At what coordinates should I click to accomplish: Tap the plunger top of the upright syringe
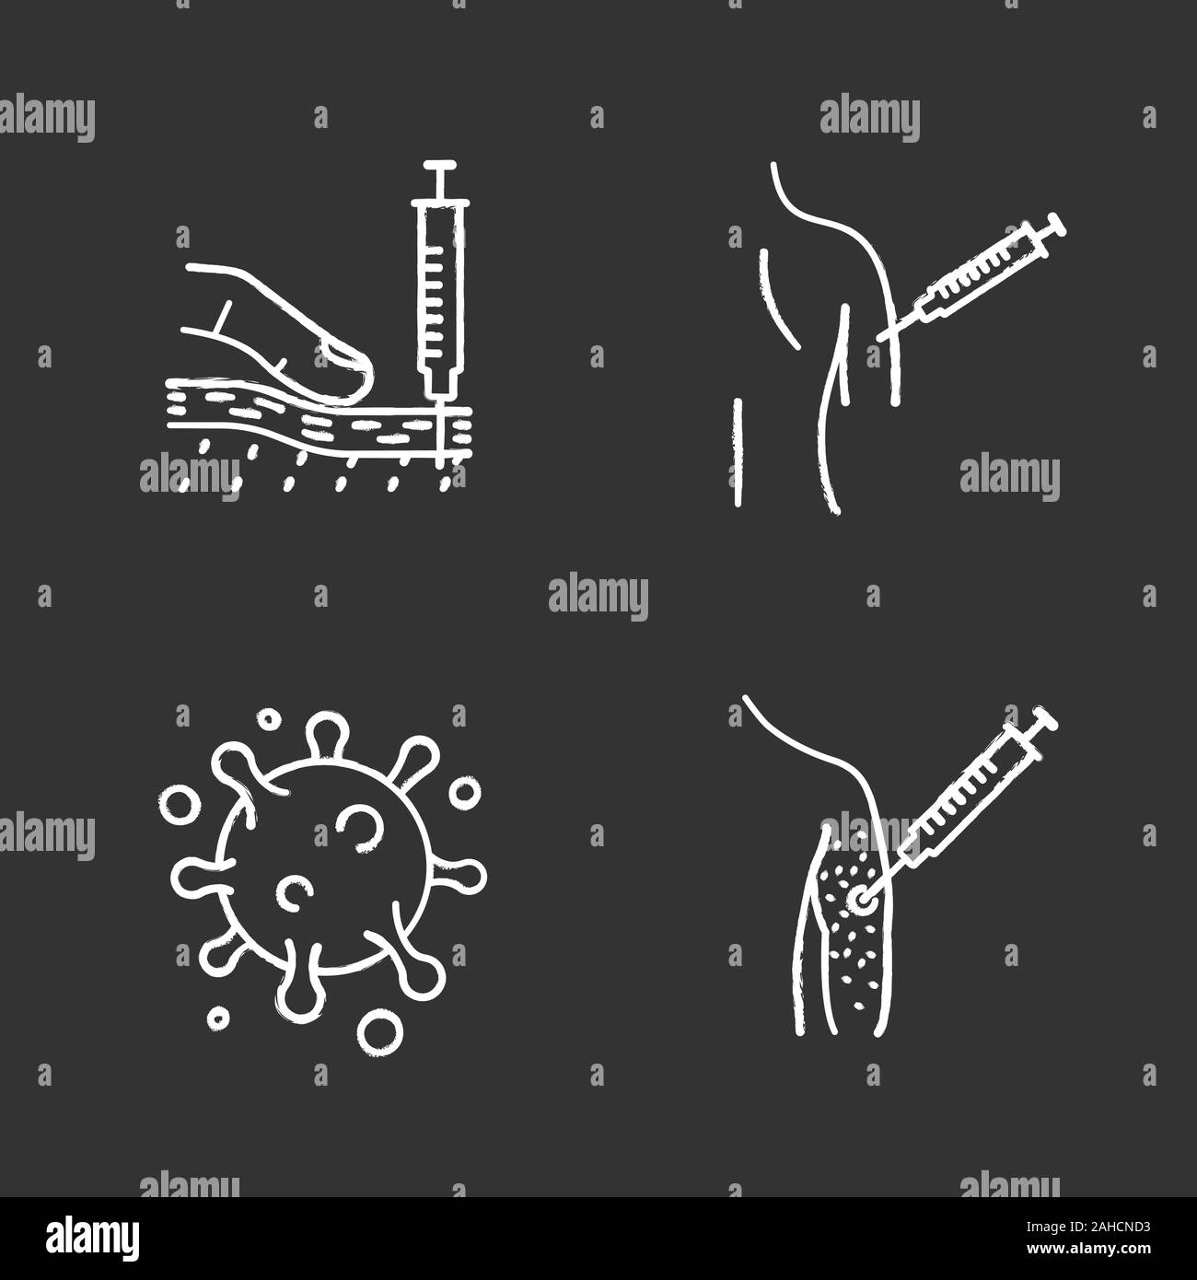coord(439,169)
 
